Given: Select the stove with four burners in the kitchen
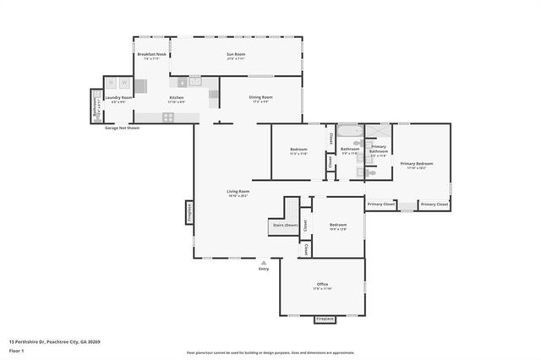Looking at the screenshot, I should click(168, 117).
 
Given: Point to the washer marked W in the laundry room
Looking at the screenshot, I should click(124, 83).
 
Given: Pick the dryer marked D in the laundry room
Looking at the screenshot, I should click(111, 83).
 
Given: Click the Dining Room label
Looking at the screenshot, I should click(260, 97).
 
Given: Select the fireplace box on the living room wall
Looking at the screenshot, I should click(189, 212).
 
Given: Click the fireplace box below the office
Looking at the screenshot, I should click(325, 319).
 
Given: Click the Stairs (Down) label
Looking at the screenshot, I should click(283, 225).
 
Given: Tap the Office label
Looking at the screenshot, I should click(322, 284).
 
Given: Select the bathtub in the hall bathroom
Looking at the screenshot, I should click(348, 132).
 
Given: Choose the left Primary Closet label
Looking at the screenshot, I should click(381, 205).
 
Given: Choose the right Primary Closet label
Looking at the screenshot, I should click(434, 205).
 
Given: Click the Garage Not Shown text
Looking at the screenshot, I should click(123, 128).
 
